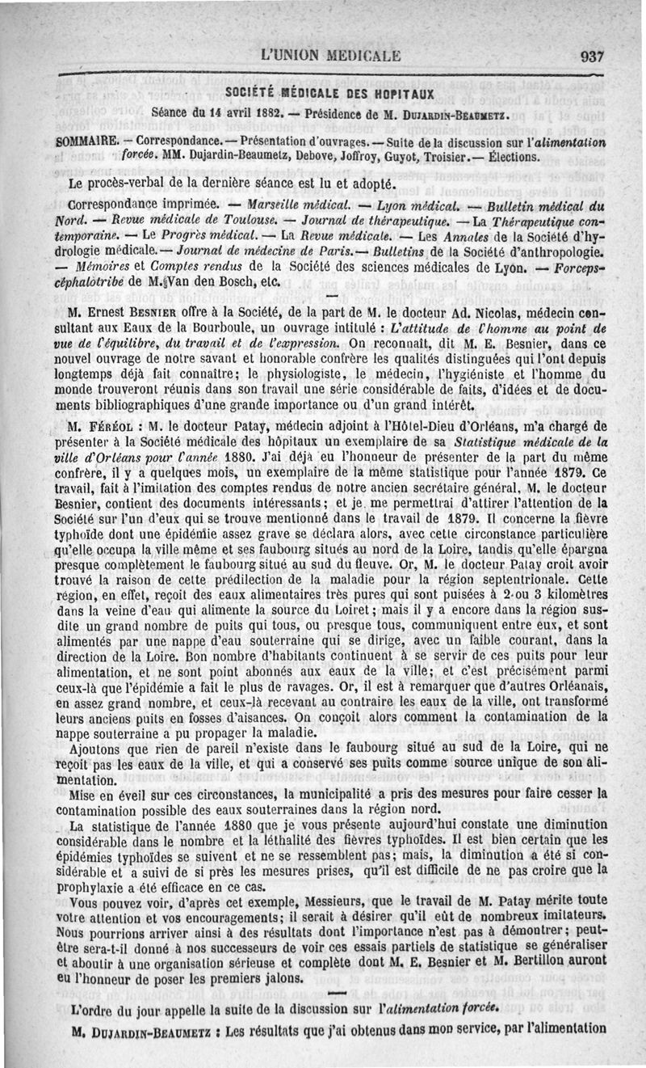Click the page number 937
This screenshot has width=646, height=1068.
pyautogui.click(x=591, y=57)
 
